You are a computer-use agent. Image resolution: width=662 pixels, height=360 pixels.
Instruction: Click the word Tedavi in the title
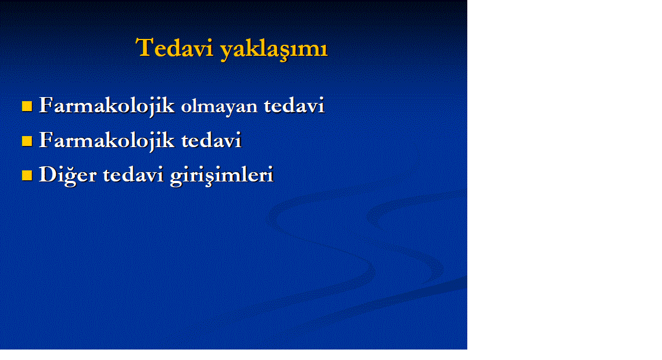tap(174, 47)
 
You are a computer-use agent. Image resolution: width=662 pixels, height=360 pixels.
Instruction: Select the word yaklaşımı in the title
tap(274, 49)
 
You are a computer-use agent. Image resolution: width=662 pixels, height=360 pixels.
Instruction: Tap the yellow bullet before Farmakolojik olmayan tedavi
tap(27, 106)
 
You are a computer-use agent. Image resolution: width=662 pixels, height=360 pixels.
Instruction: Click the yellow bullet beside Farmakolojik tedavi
tap(27, 141)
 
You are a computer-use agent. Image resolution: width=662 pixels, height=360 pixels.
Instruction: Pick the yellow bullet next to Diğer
tap(27, 176)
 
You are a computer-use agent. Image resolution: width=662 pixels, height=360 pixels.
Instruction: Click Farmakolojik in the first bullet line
tap(107, 106)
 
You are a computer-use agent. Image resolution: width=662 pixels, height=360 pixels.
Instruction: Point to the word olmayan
tap(220, 106)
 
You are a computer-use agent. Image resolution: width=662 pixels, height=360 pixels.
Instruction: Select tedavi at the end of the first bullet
tap(294, 105)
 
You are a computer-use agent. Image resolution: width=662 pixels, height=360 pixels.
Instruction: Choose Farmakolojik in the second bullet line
tap(107, 140)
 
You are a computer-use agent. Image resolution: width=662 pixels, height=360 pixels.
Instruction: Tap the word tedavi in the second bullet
tap(212, 140)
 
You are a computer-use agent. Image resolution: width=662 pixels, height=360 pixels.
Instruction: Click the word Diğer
tap(68, 175)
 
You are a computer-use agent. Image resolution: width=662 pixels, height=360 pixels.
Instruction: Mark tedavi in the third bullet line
tap(133, 174)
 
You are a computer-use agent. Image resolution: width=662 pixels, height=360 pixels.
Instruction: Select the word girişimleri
tap(222, 176)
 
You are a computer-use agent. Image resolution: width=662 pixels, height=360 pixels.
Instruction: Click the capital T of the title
tap(144, 47)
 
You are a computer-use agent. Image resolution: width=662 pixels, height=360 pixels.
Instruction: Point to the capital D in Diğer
tap(47, 174)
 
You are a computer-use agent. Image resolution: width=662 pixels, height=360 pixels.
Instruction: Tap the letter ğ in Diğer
tap(71, 177)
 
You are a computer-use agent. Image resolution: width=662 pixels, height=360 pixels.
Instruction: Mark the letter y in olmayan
tap(227, 109)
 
